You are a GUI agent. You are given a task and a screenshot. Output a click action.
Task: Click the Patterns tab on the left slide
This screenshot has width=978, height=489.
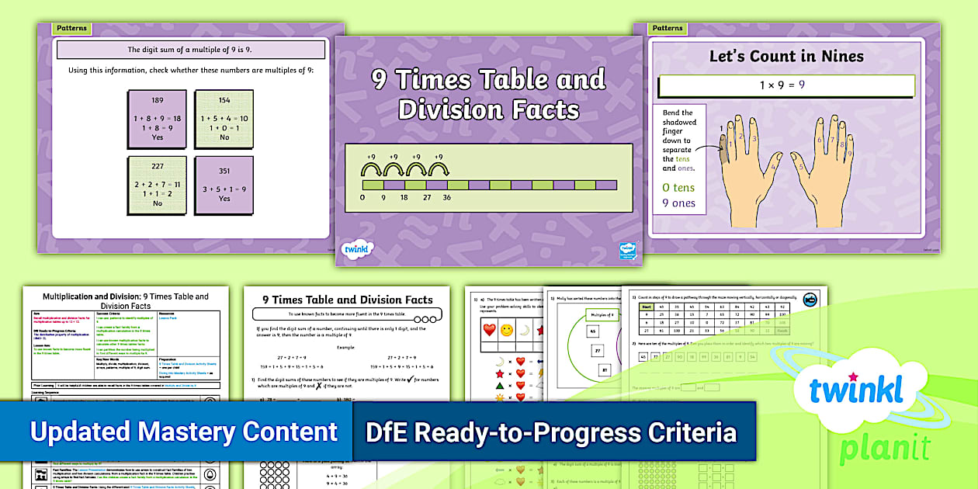[72, 29]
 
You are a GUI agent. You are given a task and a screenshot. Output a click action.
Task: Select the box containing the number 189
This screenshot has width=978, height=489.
[158, 119]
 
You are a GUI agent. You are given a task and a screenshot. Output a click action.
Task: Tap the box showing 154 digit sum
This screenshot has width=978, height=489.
[224, 119]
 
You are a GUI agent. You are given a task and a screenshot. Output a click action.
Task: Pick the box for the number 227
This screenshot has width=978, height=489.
[158, 185]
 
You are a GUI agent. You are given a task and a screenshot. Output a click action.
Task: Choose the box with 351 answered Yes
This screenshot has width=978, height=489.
[224, 185]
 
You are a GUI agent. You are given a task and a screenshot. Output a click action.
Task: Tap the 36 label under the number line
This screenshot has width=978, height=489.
[447, 198]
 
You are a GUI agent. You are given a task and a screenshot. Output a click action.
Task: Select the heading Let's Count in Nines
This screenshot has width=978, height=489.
[786, 56]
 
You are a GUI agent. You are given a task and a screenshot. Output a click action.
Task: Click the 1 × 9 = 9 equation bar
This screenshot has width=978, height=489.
[786, 85]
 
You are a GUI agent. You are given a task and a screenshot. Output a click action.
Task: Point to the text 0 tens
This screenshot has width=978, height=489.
[678, 187]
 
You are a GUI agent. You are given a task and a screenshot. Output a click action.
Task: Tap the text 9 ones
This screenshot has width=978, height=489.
[678, 203]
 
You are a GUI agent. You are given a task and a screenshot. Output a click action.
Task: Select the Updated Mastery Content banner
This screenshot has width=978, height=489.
[183, 432]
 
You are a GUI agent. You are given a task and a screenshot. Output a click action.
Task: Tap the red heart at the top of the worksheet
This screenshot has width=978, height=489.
[490, 330]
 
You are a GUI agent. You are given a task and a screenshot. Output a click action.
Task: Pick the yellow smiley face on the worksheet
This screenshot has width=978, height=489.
[508, 330]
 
